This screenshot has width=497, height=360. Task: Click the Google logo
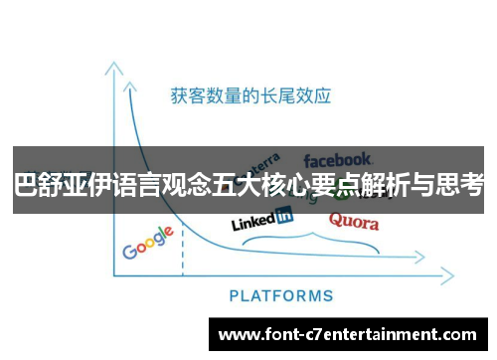click(148, 244)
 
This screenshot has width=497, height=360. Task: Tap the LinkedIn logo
click(261, 219)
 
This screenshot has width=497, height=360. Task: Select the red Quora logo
click(354, 221)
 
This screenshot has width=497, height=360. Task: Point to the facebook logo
click(338, 159)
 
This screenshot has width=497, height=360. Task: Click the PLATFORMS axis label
click(281, 295)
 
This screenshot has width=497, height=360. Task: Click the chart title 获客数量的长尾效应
click(250, 96)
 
